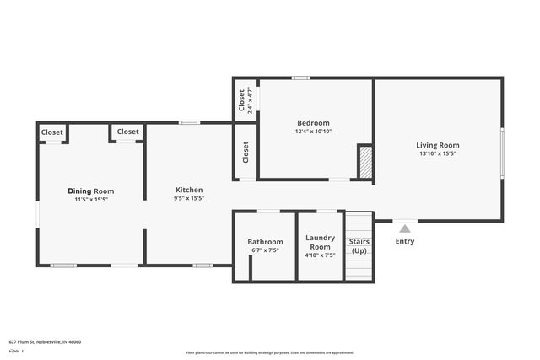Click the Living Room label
coord(438,145)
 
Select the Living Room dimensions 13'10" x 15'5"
coord(438,153)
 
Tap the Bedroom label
coord(313,123)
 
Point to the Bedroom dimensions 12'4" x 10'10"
coord(313,132)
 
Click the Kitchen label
coord(189,190)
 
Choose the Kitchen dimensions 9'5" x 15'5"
coord(189,199)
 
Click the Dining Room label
coord(91,191)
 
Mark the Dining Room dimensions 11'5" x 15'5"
coord(91,200)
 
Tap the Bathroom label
coord(265,242)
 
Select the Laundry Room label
coord(320,242)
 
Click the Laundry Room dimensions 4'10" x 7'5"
coord(320,255)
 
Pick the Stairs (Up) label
coord(359,246)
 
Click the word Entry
coord(405,242)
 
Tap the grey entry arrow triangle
coord(405,228)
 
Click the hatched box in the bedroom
coord(365,161)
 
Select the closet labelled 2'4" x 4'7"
coord(245,101)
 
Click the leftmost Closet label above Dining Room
coord(52,132)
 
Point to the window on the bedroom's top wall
coord(300,78)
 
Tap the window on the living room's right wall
coord(502,152)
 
